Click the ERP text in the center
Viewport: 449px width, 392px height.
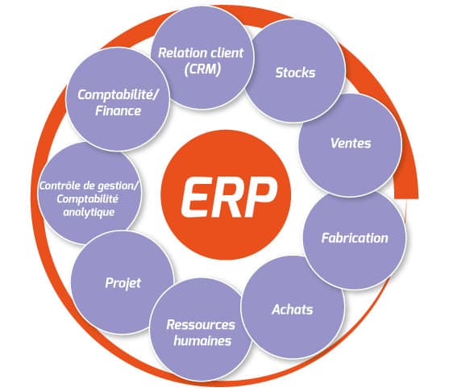point(229,197)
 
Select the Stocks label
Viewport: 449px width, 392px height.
point(295,73)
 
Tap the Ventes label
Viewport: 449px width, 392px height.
point(351,144)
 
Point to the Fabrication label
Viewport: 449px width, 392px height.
point(355,238)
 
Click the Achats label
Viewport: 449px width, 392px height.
point(293,310)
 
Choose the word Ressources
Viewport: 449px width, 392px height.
point(201,325)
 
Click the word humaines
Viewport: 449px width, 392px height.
point(202,341)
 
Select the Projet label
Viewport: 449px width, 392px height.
point(123,284)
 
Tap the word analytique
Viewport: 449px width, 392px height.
point(89,213)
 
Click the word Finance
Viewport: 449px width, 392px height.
point(118,111)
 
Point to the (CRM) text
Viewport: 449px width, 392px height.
point(202,69)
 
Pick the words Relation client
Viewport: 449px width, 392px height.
point(201,53)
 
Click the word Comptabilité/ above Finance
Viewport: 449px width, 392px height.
point(118,95)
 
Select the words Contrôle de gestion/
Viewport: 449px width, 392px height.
point(89,186)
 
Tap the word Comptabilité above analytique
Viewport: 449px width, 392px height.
point(87,199)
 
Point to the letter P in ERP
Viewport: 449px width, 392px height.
point(262,197)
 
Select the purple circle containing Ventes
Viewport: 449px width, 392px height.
point(350,145)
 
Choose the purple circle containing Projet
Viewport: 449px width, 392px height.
point(123,282)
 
